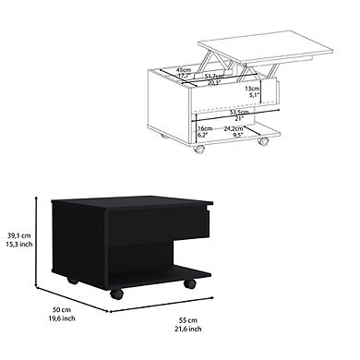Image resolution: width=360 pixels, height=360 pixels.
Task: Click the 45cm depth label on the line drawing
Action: tap(184, 68)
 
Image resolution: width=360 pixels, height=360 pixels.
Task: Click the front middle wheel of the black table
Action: tap(117, 295)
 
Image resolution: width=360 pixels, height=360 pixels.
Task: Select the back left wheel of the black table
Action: tap(71, 279)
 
